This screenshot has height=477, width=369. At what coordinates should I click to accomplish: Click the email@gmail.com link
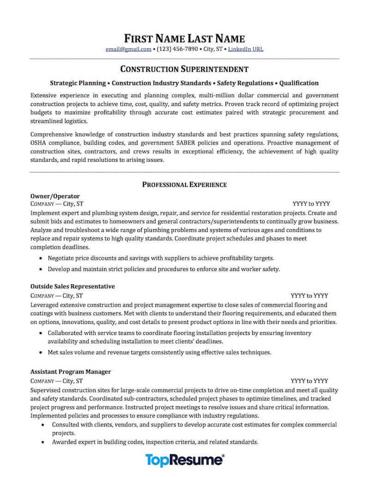128,49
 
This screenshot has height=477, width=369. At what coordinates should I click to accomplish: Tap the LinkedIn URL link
246,49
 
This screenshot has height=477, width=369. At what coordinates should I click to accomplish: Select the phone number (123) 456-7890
177,49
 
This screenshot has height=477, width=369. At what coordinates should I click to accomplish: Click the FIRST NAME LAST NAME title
184,38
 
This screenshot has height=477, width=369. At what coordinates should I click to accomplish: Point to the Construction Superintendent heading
184,69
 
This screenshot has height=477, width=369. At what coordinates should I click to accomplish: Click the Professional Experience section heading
184,184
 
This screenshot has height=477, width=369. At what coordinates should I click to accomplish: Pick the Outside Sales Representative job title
72,286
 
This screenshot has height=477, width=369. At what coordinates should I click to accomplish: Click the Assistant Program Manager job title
71,371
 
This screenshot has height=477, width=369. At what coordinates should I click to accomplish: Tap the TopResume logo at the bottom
184,460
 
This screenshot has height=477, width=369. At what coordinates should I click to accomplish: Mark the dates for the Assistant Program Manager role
309,381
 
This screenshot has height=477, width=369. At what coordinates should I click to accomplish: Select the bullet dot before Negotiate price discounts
42,259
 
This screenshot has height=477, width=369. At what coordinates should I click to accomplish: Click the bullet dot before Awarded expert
42,442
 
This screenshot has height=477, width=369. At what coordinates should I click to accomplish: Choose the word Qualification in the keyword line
299,83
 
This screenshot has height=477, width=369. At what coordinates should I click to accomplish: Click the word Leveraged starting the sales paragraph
45,305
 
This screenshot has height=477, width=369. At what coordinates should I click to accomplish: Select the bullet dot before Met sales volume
42,353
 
